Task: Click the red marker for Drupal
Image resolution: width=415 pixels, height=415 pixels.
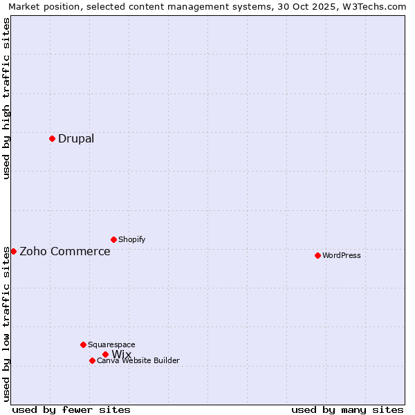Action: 52,138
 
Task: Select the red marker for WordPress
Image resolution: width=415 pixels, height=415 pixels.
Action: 317,255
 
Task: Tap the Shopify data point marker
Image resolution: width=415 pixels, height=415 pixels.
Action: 113,239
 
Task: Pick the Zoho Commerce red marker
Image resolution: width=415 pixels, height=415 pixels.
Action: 13,251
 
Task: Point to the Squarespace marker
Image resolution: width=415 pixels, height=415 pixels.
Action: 83,344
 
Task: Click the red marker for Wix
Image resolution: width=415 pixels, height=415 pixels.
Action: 105,354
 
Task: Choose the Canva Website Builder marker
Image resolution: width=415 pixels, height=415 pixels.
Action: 92,360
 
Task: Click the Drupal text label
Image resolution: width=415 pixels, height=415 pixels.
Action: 76,138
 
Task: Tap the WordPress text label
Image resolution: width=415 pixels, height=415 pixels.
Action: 342,255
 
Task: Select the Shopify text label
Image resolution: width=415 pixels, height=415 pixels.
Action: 131,239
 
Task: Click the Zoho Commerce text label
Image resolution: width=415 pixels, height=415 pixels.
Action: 65,251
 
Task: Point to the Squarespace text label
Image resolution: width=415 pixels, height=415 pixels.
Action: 111,344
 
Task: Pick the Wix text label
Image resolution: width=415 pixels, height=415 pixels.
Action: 122,355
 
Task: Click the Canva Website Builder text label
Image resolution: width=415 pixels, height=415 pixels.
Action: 138,360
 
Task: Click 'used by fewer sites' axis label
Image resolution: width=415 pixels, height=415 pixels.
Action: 71,409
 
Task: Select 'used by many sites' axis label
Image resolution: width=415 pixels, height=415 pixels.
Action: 347,409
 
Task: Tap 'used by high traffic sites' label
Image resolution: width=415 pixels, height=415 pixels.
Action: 6,98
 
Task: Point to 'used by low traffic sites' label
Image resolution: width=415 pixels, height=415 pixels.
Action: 6,324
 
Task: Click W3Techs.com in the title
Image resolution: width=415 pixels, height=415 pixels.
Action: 378,6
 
